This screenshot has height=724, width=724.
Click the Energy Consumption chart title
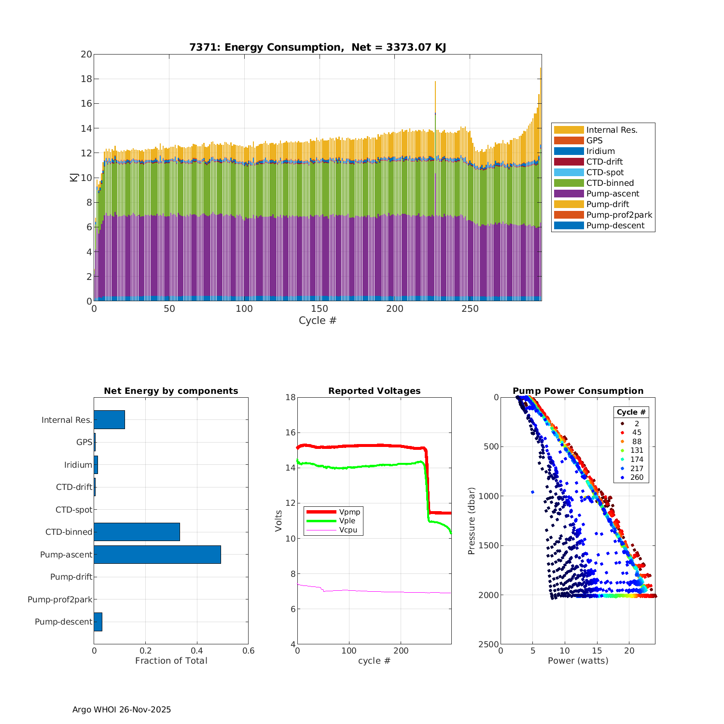(318, 47)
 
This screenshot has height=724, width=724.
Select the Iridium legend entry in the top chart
(600, 151)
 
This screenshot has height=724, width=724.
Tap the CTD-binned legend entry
(610, 183)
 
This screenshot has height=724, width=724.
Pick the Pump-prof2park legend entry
(619, 215)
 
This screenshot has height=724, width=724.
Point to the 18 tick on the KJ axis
(86, 79)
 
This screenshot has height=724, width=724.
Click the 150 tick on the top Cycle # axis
(320, 309)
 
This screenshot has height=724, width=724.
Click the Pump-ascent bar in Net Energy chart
(157, 555)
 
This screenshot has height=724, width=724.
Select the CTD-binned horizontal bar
(137, 532)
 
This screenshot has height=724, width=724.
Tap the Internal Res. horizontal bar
(109, 420)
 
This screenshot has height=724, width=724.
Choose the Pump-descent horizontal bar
(98, 622)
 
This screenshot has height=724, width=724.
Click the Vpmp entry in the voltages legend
(349, 512)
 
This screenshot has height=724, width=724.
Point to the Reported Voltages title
(374, 391)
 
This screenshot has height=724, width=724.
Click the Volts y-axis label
(278, 521)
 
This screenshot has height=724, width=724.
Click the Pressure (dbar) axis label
(472, 521)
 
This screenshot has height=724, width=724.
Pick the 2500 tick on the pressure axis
(489, 644)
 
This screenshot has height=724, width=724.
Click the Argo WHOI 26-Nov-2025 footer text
(122, 710)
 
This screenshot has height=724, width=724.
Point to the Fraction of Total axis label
(171, 661)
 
